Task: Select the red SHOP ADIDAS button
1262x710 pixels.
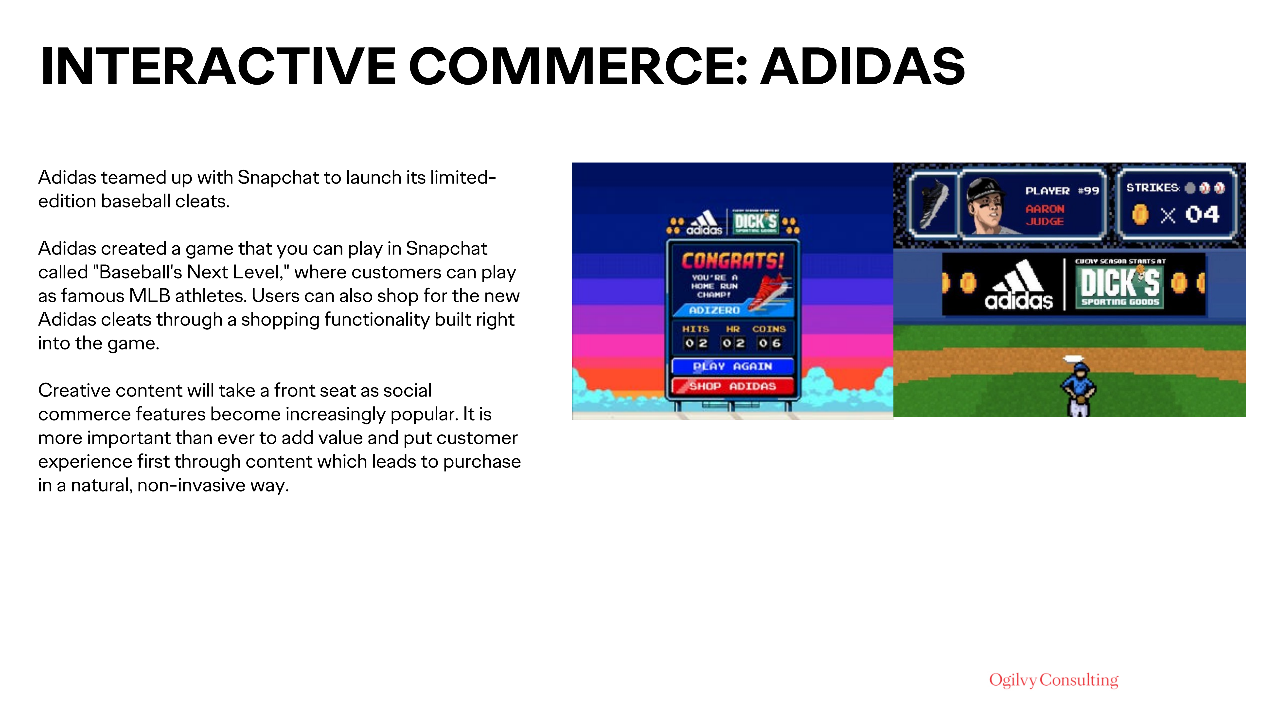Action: point(732,386)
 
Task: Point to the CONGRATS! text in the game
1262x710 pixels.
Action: point(732,261)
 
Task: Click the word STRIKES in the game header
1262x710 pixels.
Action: point(1152,188)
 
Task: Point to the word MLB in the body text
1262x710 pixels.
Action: point(154,296)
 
